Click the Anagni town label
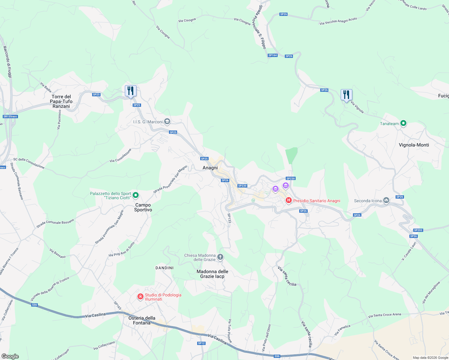click(210, 168)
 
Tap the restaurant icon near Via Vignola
click(346, 95)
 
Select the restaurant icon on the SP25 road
click(131, 91)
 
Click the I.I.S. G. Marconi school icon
click(167, 121)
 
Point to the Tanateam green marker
click(404, 123)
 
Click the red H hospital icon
click(289, 200)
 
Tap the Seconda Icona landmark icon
click(386, 200)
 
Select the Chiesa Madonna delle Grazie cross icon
click(220, 257)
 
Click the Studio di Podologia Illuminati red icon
click(140, 297)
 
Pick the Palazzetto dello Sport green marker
click(136, 195)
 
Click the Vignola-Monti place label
click(414, 145)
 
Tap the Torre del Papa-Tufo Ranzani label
click(61, 101)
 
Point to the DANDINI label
click(164, 268)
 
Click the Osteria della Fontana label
click(142, 320)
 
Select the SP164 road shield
click(273, 55)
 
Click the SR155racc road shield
click(11, 116)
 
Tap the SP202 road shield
click(418, 230)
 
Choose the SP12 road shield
click(201, 343)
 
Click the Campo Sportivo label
click(143, 207)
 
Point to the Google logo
click(10, 356)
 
